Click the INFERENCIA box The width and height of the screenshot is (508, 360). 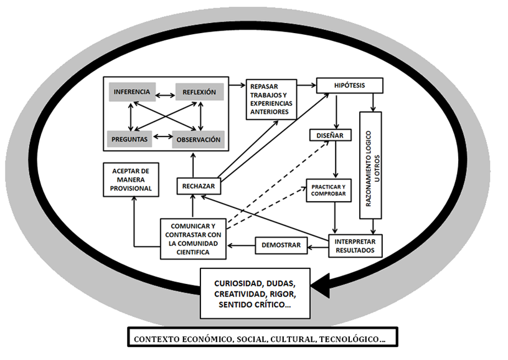click(132, 92)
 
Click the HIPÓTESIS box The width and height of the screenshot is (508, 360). click(349, 85)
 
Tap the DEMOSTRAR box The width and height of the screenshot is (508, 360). click(282, 245)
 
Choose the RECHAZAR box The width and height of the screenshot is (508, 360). click(199, 186)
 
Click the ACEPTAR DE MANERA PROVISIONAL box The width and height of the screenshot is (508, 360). click(131, 179)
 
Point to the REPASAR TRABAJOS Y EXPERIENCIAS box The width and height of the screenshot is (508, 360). click(271, 98)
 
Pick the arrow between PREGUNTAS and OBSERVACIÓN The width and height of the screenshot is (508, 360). click(162, 136)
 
